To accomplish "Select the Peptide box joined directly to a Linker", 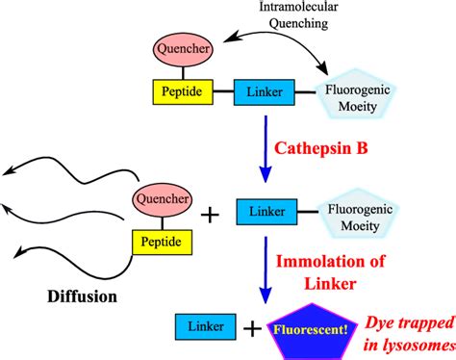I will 182,93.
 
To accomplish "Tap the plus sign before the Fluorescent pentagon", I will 251,330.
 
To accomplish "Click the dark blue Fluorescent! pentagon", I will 308,327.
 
